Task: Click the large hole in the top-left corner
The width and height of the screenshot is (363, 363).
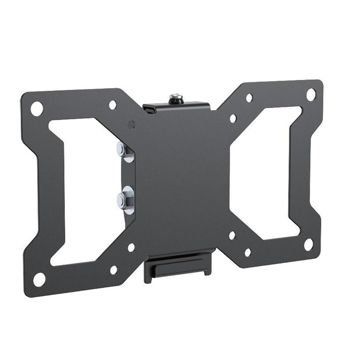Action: (36, 108)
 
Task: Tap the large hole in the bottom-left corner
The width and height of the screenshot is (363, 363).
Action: (39, 278)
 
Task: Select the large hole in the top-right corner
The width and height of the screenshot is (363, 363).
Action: (311, 94)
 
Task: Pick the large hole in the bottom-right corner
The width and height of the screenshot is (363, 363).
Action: (309, 244)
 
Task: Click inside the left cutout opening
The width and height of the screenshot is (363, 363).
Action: (86, 192)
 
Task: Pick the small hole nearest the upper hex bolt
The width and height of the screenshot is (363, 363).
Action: (132, 125)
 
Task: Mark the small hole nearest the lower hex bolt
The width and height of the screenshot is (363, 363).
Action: (131, 247)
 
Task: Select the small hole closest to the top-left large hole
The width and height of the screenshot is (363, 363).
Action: (113, 105)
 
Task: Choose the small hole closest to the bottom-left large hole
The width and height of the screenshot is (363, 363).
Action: (114, 270)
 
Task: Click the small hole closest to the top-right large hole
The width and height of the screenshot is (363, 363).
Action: (249, 97)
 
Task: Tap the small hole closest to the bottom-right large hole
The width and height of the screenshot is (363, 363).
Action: (248, 253)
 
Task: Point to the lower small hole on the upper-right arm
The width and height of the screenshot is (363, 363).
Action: (233, 118)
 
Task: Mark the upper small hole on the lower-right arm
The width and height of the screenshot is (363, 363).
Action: (232, 235)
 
